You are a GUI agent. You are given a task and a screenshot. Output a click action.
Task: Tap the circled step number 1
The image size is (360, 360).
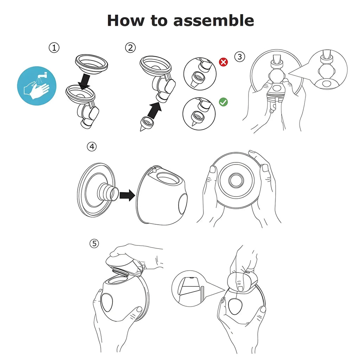tap(54, 48)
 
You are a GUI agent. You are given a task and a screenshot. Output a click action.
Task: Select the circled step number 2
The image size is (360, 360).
tap(130, 48)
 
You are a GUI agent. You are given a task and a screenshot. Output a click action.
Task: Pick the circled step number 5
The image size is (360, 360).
tap(94, 243)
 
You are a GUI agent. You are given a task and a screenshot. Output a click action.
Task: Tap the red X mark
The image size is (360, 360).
tap(223, 62)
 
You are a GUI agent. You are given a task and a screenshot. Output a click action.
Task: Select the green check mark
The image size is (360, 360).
tap(223, 102)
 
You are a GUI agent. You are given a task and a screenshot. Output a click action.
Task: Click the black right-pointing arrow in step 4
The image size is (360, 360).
tap(127, 194)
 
